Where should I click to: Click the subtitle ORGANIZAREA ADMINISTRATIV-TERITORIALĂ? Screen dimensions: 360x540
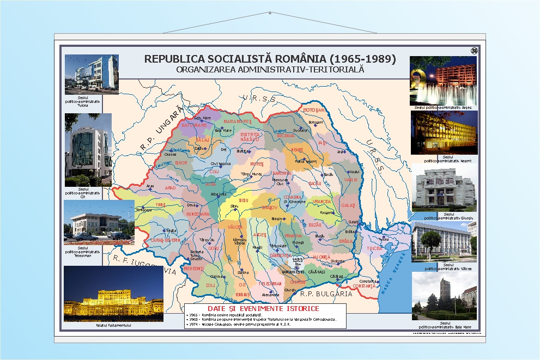pyautogui.click(x=270, y=70)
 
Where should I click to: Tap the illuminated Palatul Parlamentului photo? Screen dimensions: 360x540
pyautogui.click(x=113, y=294)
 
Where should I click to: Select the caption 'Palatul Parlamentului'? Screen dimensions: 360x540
pyautogui.click(x=113, y=325)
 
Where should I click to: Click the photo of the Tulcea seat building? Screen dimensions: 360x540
pyautogui.click(x=92, y=72)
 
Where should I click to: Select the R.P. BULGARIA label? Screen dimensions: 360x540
pyautogui.click(x=326, y=294)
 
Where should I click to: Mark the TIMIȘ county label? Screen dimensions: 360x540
pyautogui.click(x=160, y=205)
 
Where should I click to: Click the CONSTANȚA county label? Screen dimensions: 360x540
pyautogui.click(x=365, y=286)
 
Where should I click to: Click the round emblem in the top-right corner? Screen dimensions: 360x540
pyautogui.click(x=473, y=51)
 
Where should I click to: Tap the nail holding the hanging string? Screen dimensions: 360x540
pyautogui.click(x=270, y=12)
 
